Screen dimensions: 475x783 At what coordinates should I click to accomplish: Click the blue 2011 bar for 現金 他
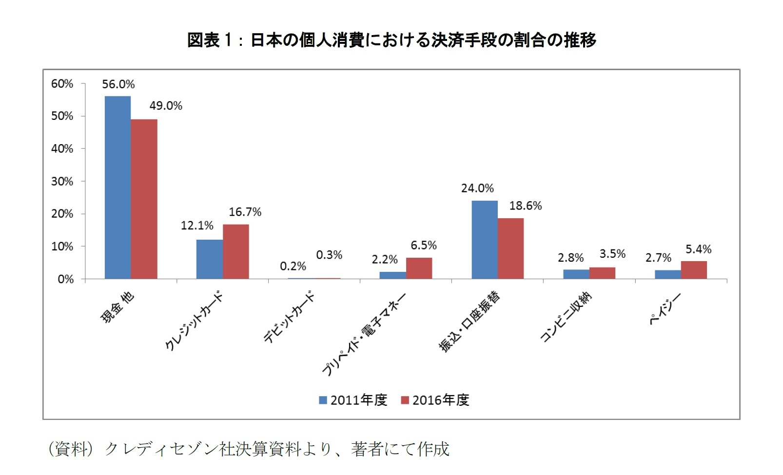click(x=117, y=188)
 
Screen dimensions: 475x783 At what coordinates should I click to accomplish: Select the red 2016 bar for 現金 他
click(x=144, y=199)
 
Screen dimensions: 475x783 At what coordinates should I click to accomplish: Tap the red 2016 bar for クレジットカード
click(x=235, y=251)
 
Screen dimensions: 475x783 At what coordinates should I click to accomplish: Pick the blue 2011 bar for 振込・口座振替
click(x=484, y=240)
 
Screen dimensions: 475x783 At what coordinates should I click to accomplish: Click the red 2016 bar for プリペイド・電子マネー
click(x=419, y=268)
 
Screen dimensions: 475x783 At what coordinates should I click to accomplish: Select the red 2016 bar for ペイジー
click(x=694, y=270)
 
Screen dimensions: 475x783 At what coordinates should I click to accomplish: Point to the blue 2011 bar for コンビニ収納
click(x=576, y=274)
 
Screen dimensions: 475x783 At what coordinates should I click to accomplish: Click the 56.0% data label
click(x=118, y=84)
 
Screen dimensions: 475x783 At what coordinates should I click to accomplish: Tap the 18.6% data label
click(x=525, y=206)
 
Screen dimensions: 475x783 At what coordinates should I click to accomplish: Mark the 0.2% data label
click(x=293, y=266)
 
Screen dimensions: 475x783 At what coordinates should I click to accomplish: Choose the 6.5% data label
click(x=423, y=245)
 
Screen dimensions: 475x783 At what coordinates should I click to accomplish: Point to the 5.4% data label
click(x=698, y=249)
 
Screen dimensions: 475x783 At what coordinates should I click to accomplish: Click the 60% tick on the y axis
click(x=62, y=84)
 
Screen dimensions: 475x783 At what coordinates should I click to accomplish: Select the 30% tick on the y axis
click(x=62, y=181)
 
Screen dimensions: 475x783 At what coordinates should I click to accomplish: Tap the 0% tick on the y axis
click(x=65, y=279)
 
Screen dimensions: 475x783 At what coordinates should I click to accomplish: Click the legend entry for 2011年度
click(x=353, y=400)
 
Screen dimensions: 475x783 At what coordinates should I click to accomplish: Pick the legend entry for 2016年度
click(x=435, y=400)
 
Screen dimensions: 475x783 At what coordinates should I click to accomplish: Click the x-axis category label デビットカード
click(x=289, y=317)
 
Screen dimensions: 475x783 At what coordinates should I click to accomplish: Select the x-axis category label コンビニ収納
click(x=566, y=317)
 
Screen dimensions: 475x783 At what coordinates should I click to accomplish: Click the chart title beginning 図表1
click(x=391, y=40)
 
